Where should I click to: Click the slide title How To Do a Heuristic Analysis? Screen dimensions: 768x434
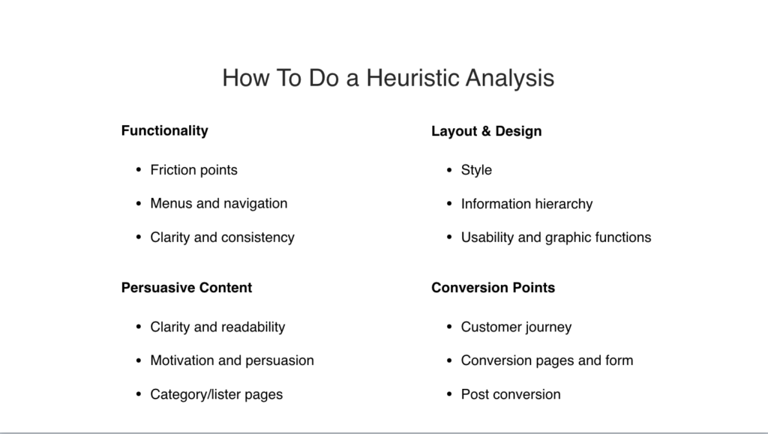coord(388,78)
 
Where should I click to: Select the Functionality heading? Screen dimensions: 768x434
coord(164,131)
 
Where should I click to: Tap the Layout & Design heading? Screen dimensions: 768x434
coord(486,131)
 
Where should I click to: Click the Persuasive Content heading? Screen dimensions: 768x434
coord(187,288)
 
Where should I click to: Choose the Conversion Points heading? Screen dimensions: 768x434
coord(493,288)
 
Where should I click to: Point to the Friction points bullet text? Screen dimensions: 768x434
coord(194,170)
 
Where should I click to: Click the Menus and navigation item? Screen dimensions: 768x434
coord(219,204)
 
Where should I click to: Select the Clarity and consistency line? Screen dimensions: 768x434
coord(222,238)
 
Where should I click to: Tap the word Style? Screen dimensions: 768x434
coord(476,170)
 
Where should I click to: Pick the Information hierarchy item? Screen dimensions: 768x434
coord(527,204)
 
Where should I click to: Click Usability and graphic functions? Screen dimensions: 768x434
coord(556,238)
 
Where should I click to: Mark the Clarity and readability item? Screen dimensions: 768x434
coord(217,327)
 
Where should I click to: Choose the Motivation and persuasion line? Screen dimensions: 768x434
coord(232,361)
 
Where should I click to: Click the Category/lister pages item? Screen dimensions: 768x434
coord(217,394)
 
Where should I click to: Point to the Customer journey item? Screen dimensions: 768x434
coord(516,327)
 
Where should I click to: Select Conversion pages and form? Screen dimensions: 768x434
coord(547,361)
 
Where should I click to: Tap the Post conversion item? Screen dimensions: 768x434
coord(511,394)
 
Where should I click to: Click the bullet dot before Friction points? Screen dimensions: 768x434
coord(139,170)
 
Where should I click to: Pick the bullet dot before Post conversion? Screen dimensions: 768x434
coord(449,394)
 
